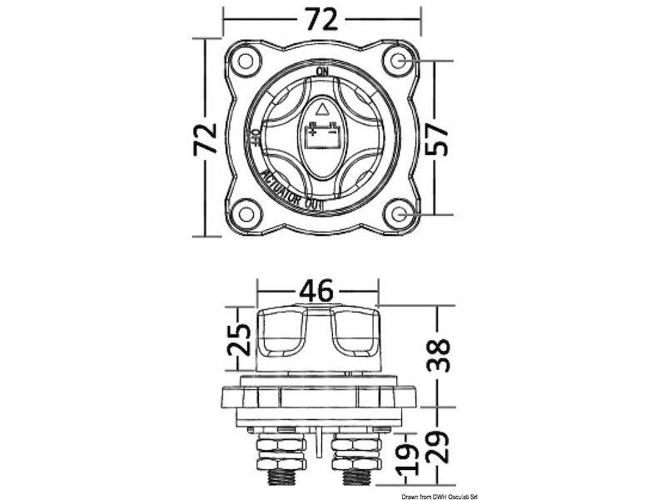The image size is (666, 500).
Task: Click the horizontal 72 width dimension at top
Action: [321, 19]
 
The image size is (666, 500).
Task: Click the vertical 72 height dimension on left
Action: [205, 138]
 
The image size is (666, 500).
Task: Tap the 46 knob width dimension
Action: [316, 291]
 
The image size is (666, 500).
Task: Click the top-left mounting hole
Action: [245, 61]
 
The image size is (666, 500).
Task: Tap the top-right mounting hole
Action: [400, 61]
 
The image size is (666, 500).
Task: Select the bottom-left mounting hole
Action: [245, 214]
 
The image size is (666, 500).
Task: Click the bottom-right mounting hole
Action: [400, 214]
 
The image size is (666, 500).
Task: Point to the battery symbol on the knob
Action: [321, 133]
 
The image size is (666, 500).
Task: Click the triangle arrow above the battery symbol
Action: [323, 107]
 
